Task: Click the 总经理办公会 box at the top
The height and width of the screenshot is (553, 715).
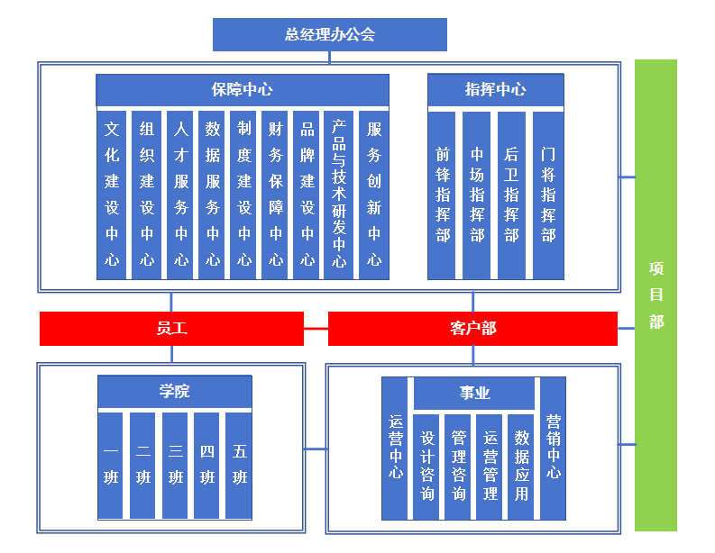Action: coord(330,34)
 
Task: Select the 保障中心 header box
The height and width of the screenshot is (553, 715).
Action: coord(243,90)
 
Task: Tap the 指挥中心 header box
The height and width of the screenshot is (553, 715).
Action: coord(496,90)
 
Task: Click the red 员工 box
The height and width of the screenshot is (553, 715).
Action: coord(172,329)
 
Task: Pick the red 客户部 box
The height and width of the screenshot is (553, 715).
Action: coord(472,329)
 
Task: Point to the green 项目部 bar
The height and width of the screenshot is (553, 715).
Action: coord(655,295)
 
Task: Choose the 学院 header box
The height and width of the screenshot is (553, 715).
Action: coord(175,391)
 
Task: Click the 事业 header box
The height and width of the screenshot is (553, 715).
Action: coord(474,393)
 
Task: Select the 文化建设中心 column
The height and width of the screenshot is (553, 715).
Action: coord(112,195)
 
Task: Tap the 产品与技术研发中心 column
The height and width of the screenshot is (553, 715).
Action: coord(338,195)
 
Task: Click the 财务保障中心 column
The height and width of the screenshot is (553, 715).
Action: coord(275,195)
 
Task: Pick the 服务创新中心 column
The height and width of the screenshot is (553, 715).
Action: coord(374,195)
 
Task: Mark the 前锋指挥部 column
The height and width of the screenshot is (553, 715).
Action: coord(442,195)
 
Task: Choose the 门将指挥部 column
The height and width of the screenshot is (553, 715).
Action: coord(548,195)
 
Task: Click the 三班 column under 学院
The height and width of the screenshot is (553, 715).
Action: coord(175,466)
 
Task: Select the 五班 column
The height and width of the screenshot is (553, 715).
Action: coord(239,466)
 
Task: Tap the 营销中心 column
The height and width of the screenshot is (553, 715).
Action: coord(553,449)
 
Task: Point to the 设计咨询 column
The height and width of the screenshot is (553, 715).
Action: coord(426,467)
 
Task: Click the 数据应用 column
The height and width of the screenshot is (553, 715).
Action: coord(521,467)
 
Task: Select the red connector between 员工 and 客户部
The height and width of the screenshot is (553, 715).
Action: coord(316,329)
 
